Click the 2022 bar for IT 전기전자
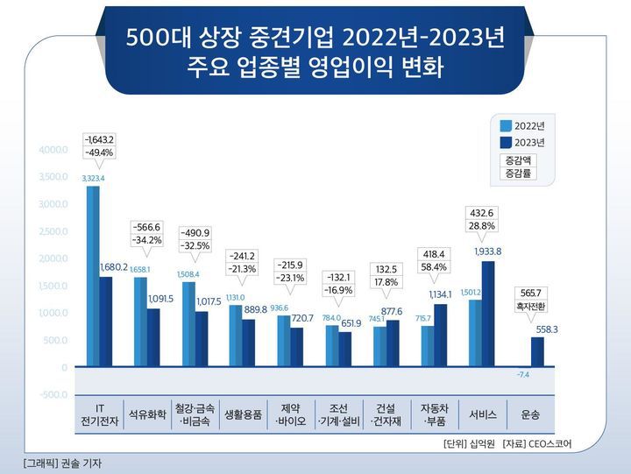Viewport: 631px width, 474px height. click(x=92, y=276)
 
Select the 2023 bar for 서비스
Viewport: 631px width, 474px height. click(x=488, y=314)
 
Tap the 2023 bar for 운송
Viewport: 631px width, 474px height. click(x=536, y=351)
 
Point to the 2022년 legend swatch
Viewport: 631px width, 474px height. click(x=505, y=124)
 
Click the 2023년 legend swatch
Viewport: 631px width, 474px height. click(x=505, y=142)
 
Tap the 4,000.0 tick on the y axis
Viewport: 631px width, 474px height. click(x=53, y=150)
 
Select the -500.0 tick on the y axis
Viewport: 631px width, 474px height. click(x=53, y=394)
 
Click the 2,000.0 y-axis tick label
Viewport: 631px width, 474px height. click(x=53, y=258)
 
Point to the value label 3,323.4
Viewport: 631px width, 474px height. click(x=93, y=179)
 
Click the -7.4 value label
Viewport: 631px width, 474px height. click(x=523, y=375)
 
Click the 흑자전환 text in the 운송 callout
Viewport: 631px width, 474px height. click(x=531, y=307)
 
